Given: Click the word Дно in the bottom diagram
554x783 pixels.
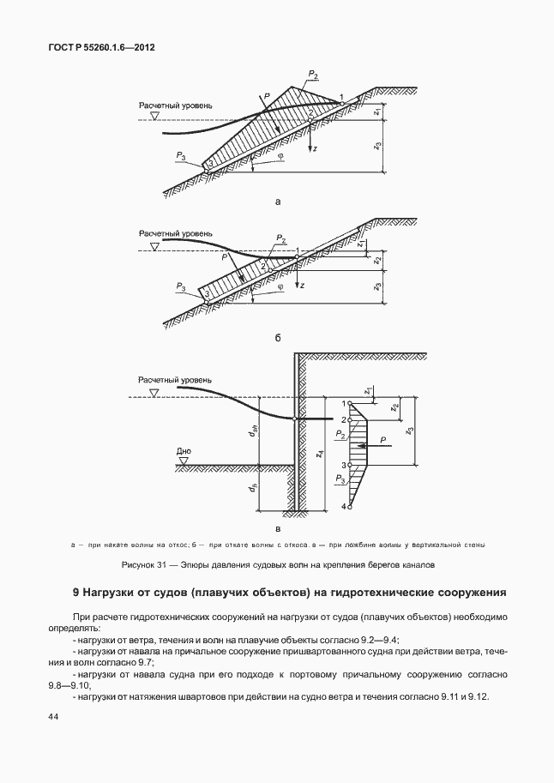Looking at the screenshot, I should (x=184, y=450).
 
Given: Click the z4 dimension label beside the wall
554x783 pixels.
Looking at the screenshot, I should (x=319, y=452).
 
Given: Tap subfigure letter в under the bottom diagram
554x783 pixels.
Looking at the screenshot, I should (x=278, y=530).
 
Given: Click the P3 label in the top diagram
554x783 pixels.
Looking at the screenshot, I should (x=180, y=155).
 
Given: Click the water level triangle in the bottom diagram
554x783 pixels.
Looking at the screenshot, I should (x=154, y=392).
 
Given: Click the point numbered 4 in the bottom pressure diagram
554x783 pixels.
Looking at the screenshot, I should (x=344, y=507).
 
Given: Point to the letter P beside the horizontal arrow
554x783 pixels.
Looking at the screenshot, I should (x=382, y=439).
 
